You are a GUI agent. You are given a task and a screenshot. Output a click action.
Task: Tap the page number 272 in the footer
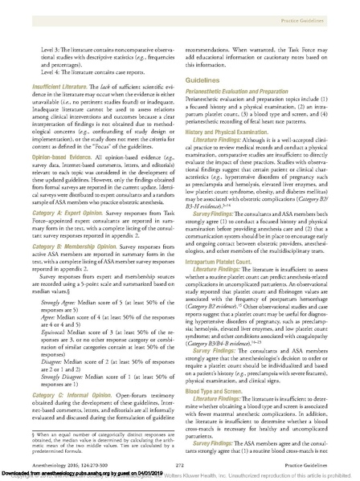179,463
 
